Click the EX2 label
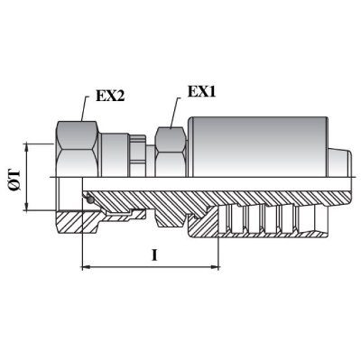point(110,96)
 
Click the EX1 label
point(201,92)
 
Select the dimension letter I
point(154,255)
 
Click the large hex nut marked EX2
point(78,149)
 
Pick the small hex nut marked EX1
point(171,152)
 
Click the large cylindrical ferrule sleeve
point(257,146)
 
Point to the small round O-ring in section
point(89,199)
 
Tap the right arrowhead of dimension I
point(215,266)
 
